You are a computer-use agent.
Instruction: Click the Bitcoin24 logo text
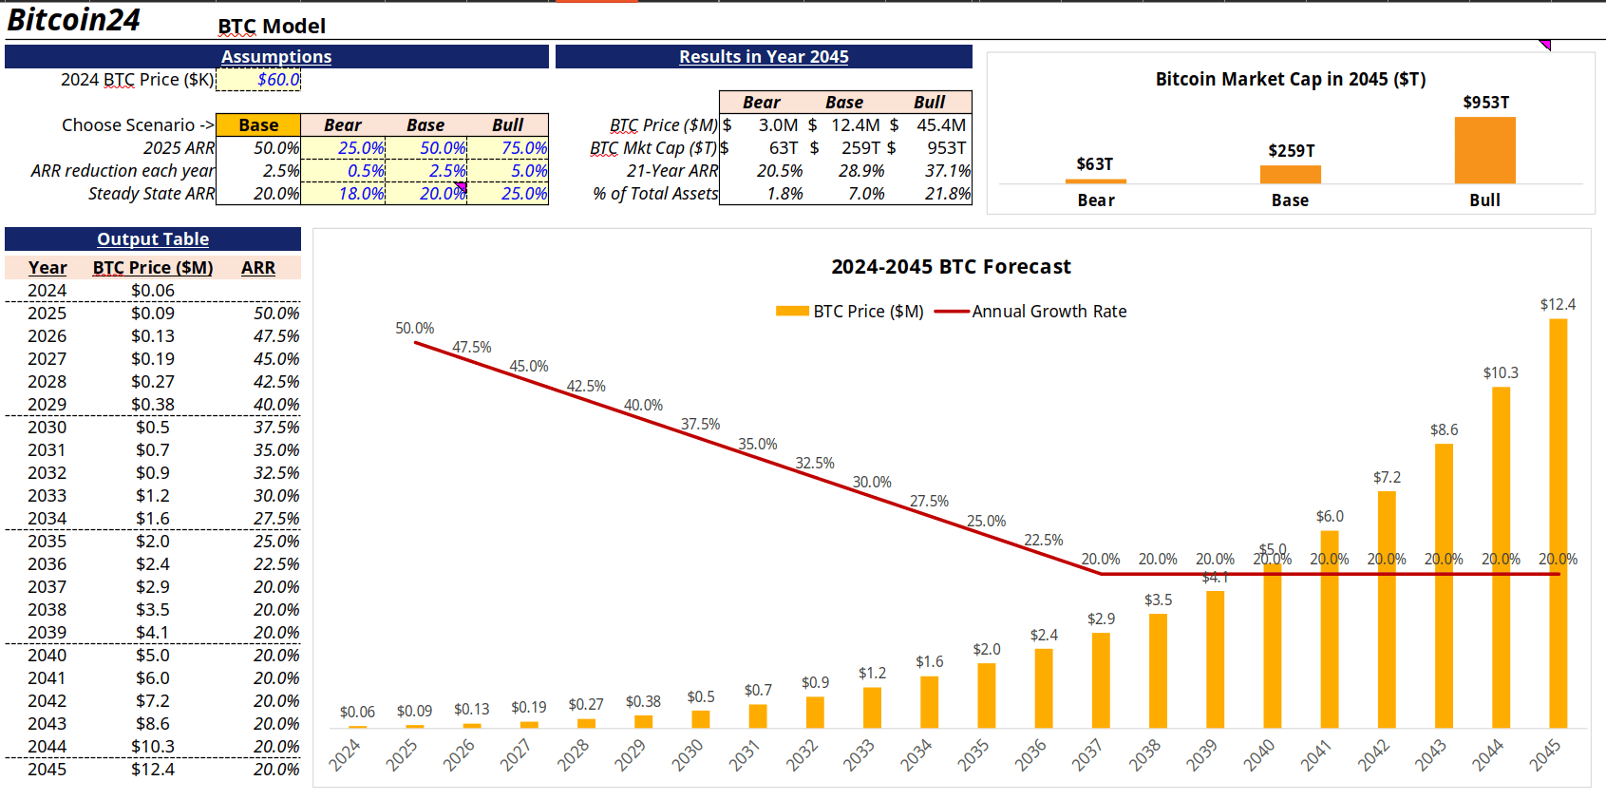(x=74, y=20)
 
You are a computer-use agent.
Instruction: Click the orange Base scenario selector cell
(x=258, y=125)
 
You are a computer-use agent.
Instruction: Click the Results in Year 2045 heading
(x=764, y=57)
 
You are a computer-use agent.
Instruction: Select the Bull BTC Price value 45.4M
(x=940, y=125)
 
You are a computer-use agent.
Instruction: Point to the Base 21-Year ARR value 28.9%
(x=860, y=171)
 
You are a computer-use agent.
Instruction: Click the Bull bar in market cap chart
(x=1484, y=150)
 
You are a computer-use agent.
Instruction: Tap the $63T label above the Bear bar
(x=1094, y=164)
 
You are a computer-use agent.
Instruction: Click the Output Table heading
(x=153, y=239)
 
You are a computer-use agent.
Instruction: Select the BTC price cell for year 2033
(x=153, y=496)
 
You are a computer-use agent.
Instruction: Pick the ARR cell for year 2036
(x=275, y=564)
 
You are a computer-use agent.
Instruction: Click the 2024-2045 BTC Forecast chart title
(x=951, y=267)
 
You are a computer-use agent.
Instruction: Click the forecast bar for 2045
(x=1558, y=523)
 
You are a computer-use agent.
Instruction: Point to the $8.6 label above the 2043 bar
(x=1444, y=430)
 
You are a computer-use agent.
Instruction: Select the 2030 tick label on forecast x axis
(x=688, y=754)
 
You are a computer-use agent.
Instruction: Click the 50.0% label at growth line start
(x=415, y=329)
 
